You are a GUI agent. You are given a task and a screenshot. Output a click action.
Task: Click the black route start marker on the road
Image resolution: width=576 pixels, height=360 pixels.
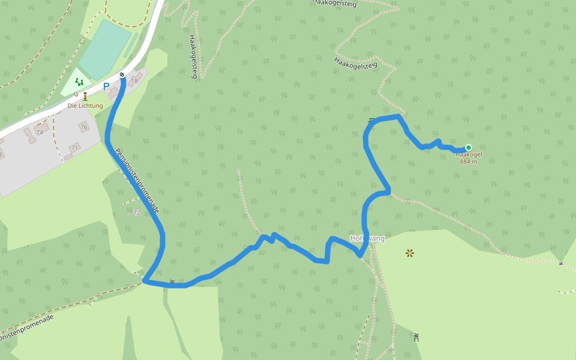122,74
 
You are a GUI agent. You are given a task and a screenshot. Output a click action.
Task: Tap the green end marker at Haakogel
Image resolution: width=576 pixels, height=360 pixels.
469,148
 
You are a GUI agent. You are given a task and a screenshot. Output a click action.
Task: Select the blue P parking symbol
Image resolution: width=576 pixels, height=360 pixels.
106,86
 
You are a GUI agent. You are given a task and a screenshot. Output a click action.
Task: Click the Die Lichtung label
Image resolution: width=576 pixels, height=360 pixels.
85,106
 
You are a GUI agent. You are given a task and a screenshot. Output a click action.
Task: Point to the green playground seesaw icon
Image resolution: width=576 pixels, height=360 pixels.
79,82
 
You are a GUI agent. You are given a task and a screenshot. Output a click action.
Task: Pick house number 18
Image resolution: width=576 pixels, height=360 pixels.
134,81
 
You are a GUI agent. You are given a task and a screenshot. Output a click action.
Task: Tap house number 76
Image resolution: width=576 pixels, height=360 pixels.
83,127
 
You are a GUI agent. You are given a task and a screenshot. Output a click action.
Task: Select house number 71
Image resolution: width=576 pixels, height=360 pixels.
75,148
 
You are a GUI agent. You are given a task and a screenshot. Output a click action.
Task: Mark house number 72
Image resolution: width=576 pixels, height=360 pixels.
137,212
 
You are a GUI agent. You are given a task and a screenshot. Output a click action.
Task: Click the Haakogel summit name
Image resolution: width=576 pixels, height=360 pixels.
469,155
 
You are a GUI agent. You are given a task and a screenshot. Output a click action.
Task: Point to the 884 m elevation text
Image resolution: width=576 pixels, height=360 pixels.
469,161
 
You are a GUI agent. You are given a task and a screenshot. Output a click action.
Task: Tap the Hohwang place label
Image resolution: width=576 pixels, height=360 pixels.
367,239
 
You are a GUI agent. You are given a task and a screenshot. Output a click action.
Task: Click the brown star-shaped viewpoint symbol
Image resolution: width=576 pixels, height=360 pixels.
410,253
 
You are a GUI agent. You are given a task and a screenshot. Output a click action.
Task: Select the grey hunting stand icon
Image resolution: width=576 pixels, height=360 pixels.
416,337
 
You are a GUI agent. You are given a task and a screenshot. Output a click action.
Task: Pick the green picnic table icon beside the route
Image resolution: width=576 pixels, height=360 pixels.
371,121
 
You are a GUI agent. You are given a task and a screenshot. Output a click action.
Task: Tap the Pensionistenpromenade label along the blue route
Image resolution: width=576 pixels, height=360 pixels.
137,181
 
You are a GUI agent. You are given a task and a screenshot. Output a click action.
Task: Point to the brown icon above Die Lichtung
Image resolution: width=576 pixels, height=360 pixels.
85,96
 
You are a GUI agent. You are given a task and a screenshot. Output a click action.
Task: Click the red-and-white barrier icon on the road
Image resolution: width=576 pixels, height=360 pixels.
76,94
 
